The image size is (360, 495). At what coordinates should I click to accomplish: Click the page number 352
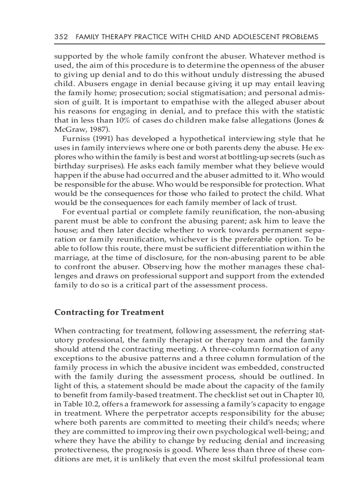pyautogui.click(x=61, y=37)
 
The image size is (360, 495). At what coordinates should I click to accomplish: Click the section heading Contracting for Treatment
pyautogui.click(x=109, y=312)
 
